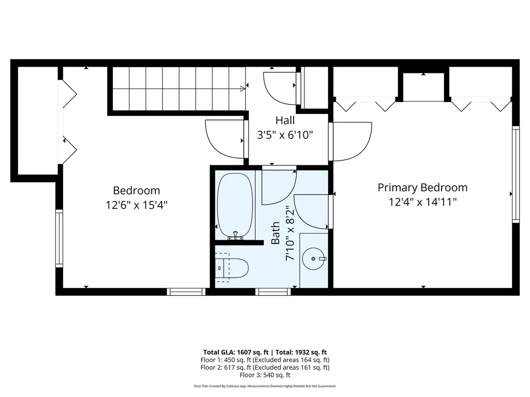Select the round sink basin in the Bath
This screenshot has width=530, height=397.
click(314, 257)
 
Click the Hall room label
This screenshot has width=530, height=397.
click(285, 120)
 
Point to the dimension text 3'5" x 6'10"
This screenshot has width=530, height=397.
click(285, 135)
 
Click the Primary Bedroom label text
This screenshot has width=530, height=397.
click(422, 187)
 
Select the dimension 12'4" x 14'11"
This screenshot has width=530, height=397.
click(422, 202)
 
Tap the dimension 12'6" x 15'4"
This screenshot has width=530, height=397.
click(137, 205)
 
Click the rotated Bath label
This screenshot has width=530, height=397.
click(275, 233)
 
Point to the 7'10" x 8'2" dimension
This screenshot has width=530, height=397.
click(291, 233)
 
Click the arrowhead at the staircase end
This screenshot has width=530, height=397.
click(242, 89)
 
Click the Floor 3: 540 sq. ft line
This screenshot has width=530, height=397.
click(264, 375)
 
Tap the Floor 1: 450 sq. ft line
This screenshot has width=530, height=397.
click(264, 360)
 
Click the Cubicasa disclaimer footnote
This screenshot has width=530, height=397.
click(264, 386)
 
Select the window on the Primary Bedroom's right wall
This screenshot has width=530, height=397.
click(516, 174)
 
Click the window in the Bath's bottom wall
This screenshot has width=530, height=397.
click(273, 292)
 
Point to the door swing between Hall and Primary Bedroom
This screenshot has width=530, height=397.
click(352, 141)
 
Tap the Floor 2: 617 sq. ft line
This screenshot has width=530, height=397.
click(264, 368)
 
